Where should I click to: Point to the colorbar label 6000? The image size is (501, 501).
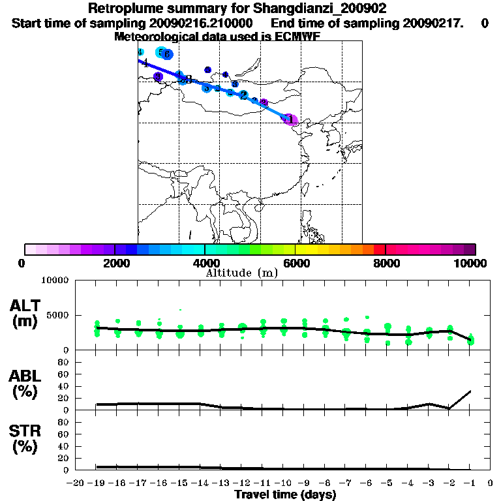click(295, 263)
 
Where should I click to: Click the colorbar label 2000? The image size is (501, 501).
click(114, 263)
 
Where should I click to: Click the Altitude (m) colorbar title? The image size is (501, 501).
click(241, 273)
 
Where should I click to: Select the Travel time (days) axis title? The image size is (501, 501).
click(285, 495)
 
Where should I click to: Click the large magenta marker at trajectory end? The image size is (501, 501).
click(292, 120)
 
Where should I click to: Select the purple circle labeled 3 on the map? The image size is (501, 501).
click(158, 77)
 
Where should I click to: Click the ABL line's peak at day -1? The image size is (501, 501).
click(470, 391)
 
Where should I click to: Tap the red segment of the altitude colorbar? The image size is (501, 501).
click(379, 249)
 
